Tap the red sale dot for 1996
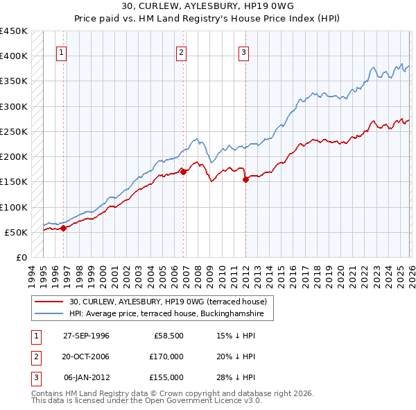click(63, 227)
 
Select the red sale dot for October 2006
click(184, 172)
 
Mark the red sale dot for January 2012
click(245, 179)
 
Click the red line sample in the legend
click(50, 301)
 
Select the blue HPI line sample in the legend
click(50, 314)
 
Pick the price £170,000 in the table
click(167, 356)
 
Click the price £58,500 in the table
click(169, 336)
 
